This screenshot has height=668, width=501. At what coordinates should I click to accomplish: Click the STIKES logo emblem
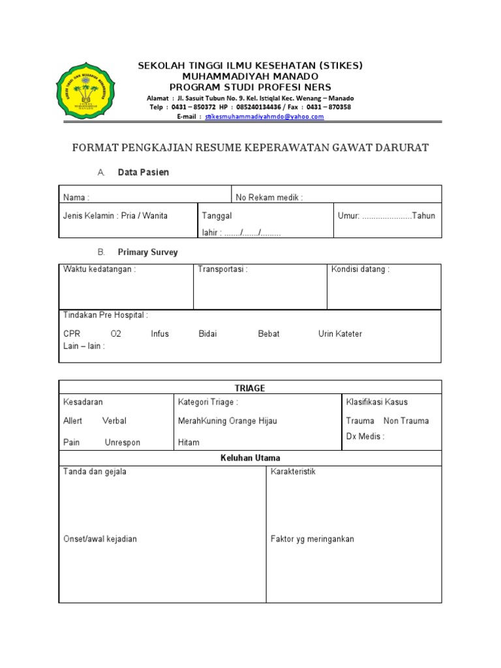click(85, 91)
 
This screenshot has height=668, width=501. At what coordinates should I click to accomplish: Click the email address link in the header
click(264, 117)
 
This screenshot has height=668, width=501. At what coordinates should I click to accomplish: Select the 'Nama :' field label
click(76, 197)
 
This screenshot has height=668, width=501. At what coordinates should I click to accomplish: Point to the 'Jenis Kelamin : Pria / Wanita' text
click(115, 215)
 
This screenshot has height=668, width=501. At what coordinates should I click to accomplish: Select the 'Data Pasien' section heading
click(143, 172)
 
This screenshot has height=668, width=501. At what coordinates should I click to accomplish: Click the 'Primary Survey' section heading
click(147, 252)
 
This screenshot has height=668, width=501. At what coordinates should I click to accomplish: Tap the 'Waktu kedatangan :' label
click(99, 269)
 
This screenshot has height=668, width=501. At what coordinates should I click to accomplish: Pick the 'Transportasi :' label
click(222, 269)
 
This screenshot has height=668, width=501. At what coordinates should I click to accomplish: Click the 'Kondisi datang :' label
click(360, 269)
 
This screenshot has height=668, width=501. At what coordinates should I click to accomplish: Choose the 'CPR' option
click(72, 333)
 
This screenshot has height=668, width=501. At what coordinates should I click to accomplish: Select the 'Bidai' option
click(207, 333)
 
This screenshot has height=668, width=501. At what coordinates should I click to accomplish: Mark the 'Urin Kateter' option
click(340, 333)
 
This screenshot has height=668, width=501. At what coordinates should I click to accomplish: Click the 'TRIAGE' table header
click(250, 388)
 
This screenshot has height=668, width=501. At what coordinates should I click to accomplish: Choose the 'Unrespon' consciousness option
click(122, 442)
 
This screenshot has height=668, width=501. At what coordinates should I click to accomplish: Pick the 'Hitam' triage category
click(189, 442)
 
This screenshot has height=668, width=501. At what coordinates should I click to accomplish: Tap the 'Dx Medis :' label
click(365, 436)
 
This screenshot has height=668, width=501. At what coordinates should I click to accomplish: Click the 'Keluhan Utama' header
click(250, 458)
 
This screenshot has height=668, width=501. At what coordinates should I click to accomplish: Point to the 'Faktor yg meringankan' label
click(312, 539)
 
